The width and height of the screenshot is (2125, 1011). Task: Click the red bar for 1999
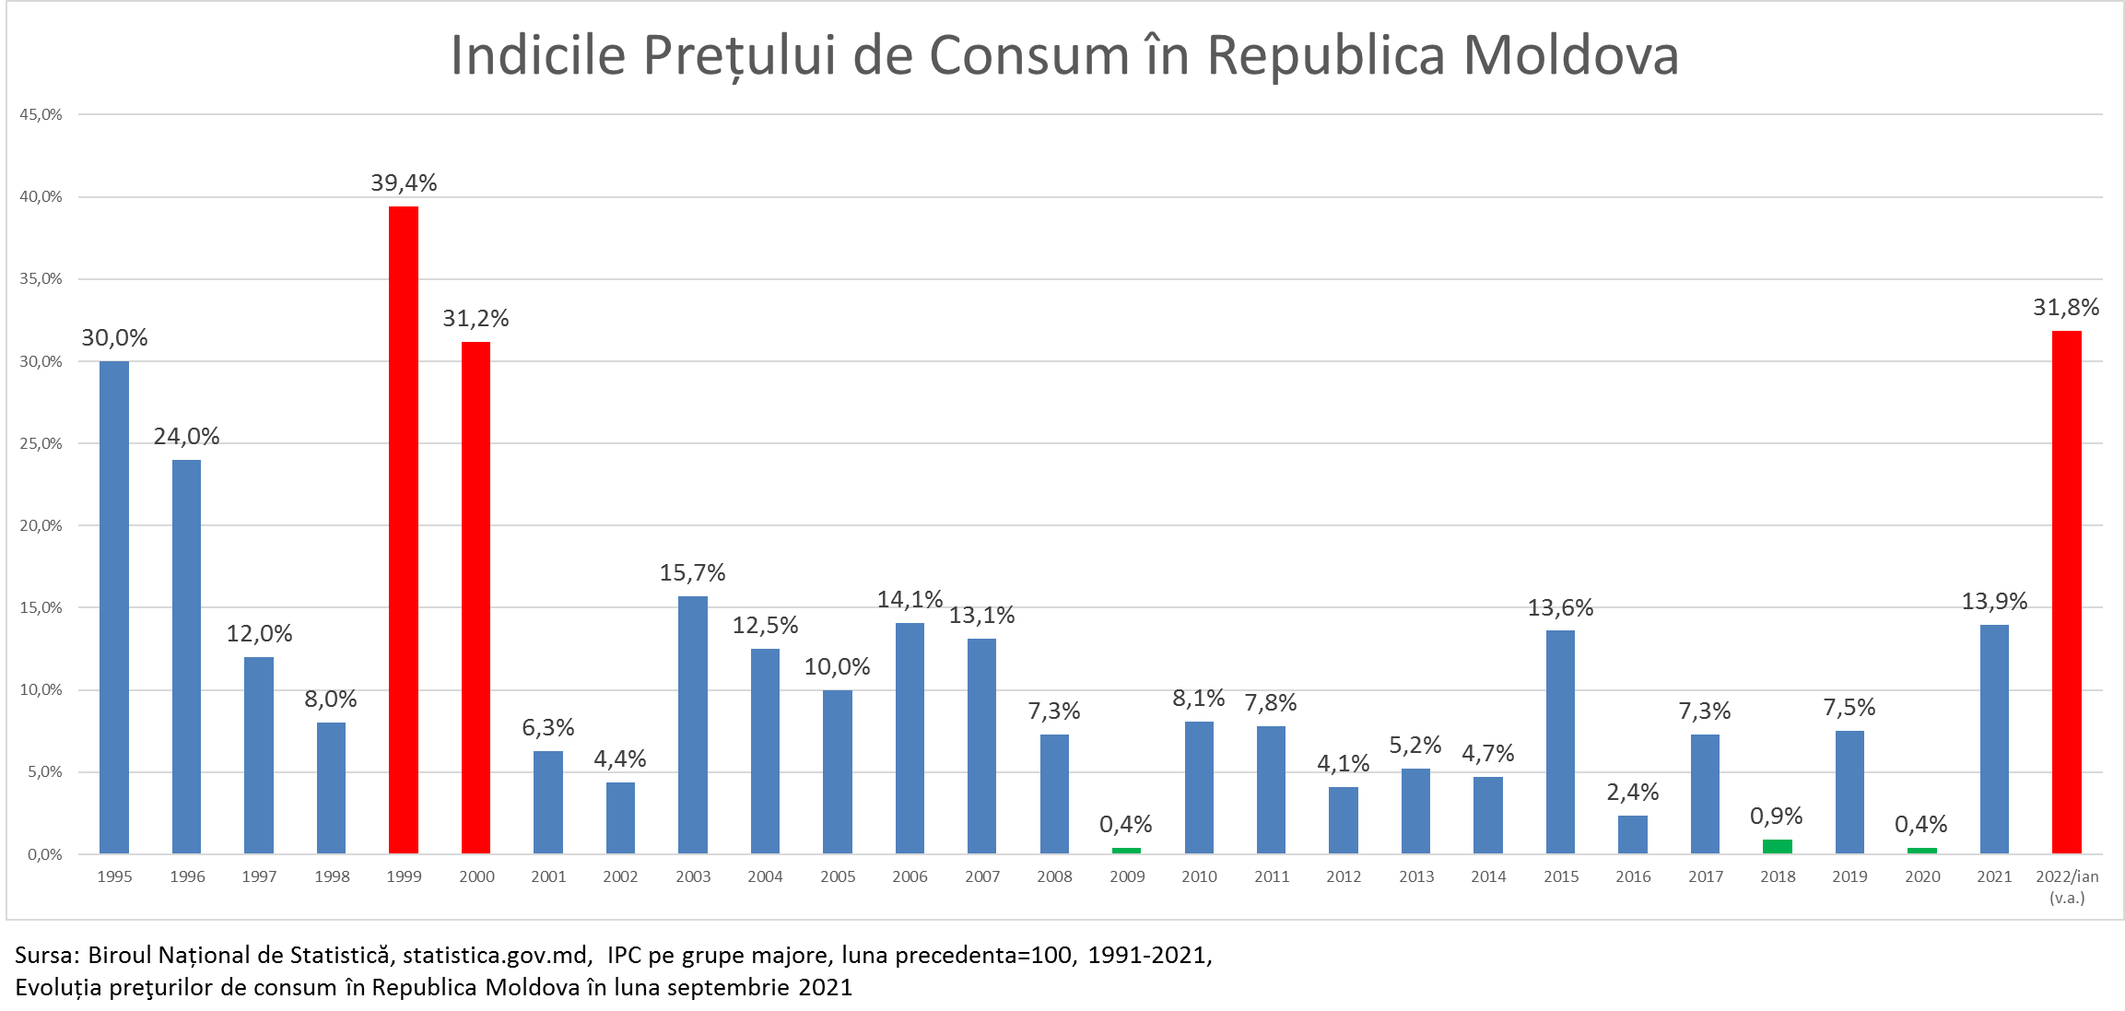pos(404,530)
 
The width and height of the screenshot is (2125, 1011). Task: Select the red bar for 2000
pos(475,597)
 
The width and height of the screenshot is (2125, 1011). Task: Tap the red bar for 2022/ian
pos(2066,592)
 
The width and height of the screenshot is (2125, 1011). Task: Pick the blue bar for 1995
pos(114,607)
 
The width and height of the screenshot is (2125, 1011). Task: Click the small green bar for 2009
pos(1126,850)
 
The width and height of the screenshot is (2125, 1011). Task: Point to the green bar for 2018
pos(1777,846)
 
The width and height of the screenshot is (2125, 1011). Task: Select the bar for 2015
pos(1560,742)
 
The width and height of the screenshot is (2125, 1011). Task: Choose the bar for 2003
pos(693,724)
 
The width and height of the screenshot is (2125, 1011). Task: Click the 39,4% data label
pos(404,182)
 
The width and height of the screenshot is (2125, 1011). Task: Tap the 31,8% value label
pos(2066,307)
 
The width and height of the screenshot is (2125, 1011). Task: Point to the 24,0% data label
pos(186,436)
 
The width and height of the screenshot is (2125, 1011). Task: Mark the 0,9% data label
pos(1776,816)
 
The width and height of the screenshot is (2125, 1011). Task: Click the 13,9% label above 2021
pos(1994,602)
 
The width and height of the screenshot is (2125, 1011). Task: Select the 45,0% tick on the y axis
pos(41,114)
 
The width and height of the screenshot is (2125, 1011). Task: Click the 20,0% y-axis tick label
pos(41,525)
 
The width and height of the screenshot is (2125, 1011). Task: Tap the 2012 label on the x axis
pos(1344,876)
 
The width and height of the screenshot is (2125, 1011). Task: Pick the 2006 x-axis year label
pos(910,876)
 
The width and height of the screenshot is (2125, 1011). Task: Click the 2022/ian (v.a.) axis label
pos(2067,887)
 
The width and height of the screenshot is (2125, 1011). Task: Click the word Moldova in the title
pos(1570,55)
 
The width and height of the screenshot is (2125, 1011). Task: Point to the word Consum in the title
pos(1028,55)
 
